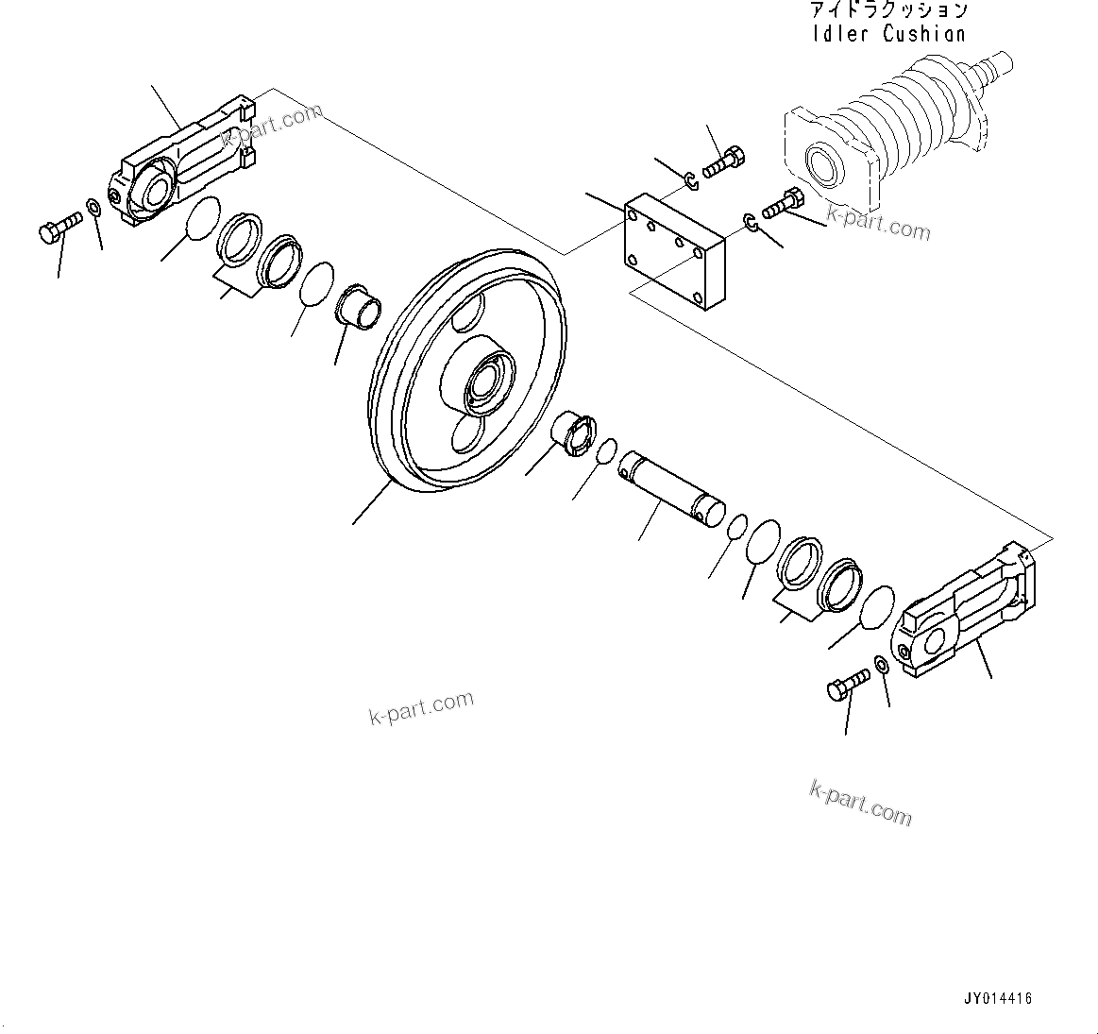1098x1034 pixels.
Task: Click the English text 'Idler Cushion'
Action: coord(888,34)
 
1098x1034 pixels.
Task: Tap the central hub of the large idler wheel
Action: coord(481,382)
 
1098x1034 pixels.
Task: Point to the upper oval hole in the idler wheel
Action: coord(469,314)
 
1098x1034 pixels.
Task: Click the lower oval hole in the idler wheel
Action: coord(470,435)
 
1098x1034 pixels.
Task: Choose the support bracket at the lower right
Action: coord(968,614)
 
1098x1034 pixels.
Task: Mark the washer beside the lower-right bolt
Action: coord(881,665)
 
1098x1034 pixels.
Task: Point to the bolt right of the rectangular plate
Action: coord(781,202)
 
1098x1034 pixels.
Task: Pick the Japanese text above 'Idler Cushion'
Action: coord(888,10)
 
